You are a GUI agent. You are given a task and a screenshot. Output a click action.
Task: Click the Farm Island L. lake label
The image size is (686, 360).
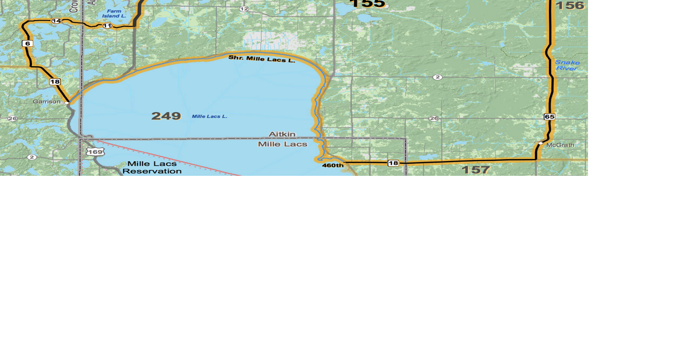(114, 14)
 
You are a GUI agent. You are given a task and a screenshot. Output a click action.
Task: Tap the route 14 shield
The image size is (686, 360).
(56, 21)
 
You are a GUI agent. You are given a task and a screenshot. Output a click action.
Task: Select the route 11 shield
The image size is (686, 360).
(107, 25)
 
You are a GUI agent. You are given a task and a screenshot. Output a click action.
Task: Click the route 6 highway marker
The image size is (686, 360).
(27, 44)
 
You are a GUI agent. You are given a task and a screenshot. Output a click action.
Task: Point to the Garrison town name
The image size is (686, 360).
(47, 102)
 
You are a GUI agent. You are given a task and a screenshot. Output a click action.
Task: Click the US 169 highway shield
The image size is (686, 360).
(95, 152)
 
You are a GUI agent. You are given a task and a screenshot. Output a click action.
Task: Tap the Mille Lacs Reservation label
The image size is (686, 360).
(152, 168)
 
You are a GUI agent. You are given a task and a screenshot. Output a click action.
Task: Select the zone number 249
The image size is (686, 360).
(166, 116)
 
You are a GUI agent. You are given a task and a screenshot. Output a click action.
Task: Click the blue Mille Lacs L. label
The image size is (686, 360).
(209, 117)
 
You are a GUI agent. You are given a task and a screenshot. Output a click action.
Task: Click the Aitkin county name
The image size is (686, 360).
(282, 134)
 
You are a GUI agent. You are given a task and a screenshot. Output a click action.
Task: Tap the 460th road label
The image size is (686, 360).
(333, 166)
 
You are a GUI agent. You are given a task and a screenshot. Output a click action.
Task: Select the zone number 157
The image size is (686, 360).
(475, 170)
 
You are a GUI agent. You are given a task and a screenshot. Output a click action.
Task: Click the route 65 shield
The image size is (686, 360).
(549, 117)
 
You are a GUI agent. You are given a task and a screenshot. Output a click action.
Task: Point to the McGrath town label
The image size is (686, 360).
(560, 145)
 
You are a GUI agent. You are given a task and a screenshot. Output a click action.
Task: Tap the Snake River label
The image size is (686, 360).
(567, 65)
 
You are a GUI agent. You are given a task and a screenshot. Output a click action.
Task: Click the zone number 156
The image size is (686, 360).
(570, 5)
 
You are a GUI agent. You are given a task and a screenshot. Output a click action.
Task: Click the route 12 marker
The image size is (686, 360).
(244, 9)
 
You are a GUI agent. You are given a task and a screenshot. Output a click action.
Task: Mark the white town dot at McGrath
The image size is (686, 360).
(540, 144)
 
